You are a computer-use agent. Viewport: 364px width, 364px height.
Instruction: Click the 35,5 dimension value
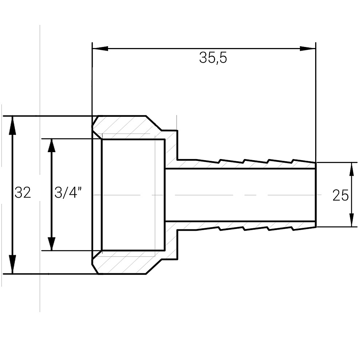pyautogui.click(x=213, y=58)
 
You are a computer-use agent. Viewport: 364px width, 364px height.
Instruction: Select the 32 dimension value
pyautogui.click(x=23, y=193)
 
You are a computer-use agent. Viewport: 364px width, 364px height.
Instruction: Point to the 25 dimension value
pyautogui.click(x=341, y=195)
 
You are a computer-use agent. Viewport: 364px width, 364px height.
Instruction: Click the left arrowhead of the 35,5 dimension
pyautogui.click(x=100, y=49)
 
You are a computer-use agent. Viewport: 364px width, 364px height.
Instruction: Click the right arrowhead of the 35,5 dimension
pyautogui.click(x=308, y=49)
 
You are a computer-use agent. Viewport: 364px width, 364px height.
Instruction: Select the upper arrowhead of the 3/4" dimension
pyautogui.click(x=52, y=146)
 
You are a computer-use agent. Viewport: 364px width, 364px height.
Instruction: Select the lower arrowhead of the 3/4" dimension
pyautogui.click(x=52, y=244)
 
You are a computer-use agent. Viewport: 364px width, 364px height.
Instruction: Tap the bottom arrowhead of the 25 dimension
pyautogui.click(x=352, y=220)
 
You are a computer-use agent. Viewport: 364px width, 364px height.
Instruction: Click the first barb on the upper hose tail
pyautogui.click(x=208, y=161)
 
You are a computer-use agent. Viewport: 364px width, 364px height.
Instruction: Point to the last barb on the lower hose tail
pyautogui.click(x=304, y=229)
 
